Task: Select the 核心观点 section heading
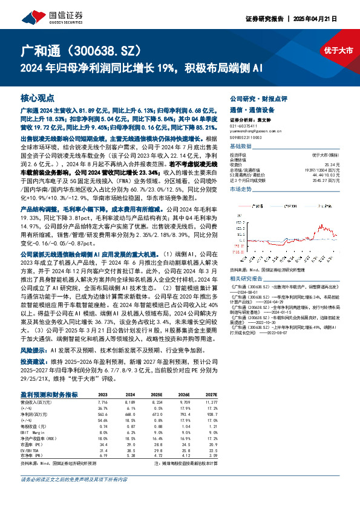click(37, 97)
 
